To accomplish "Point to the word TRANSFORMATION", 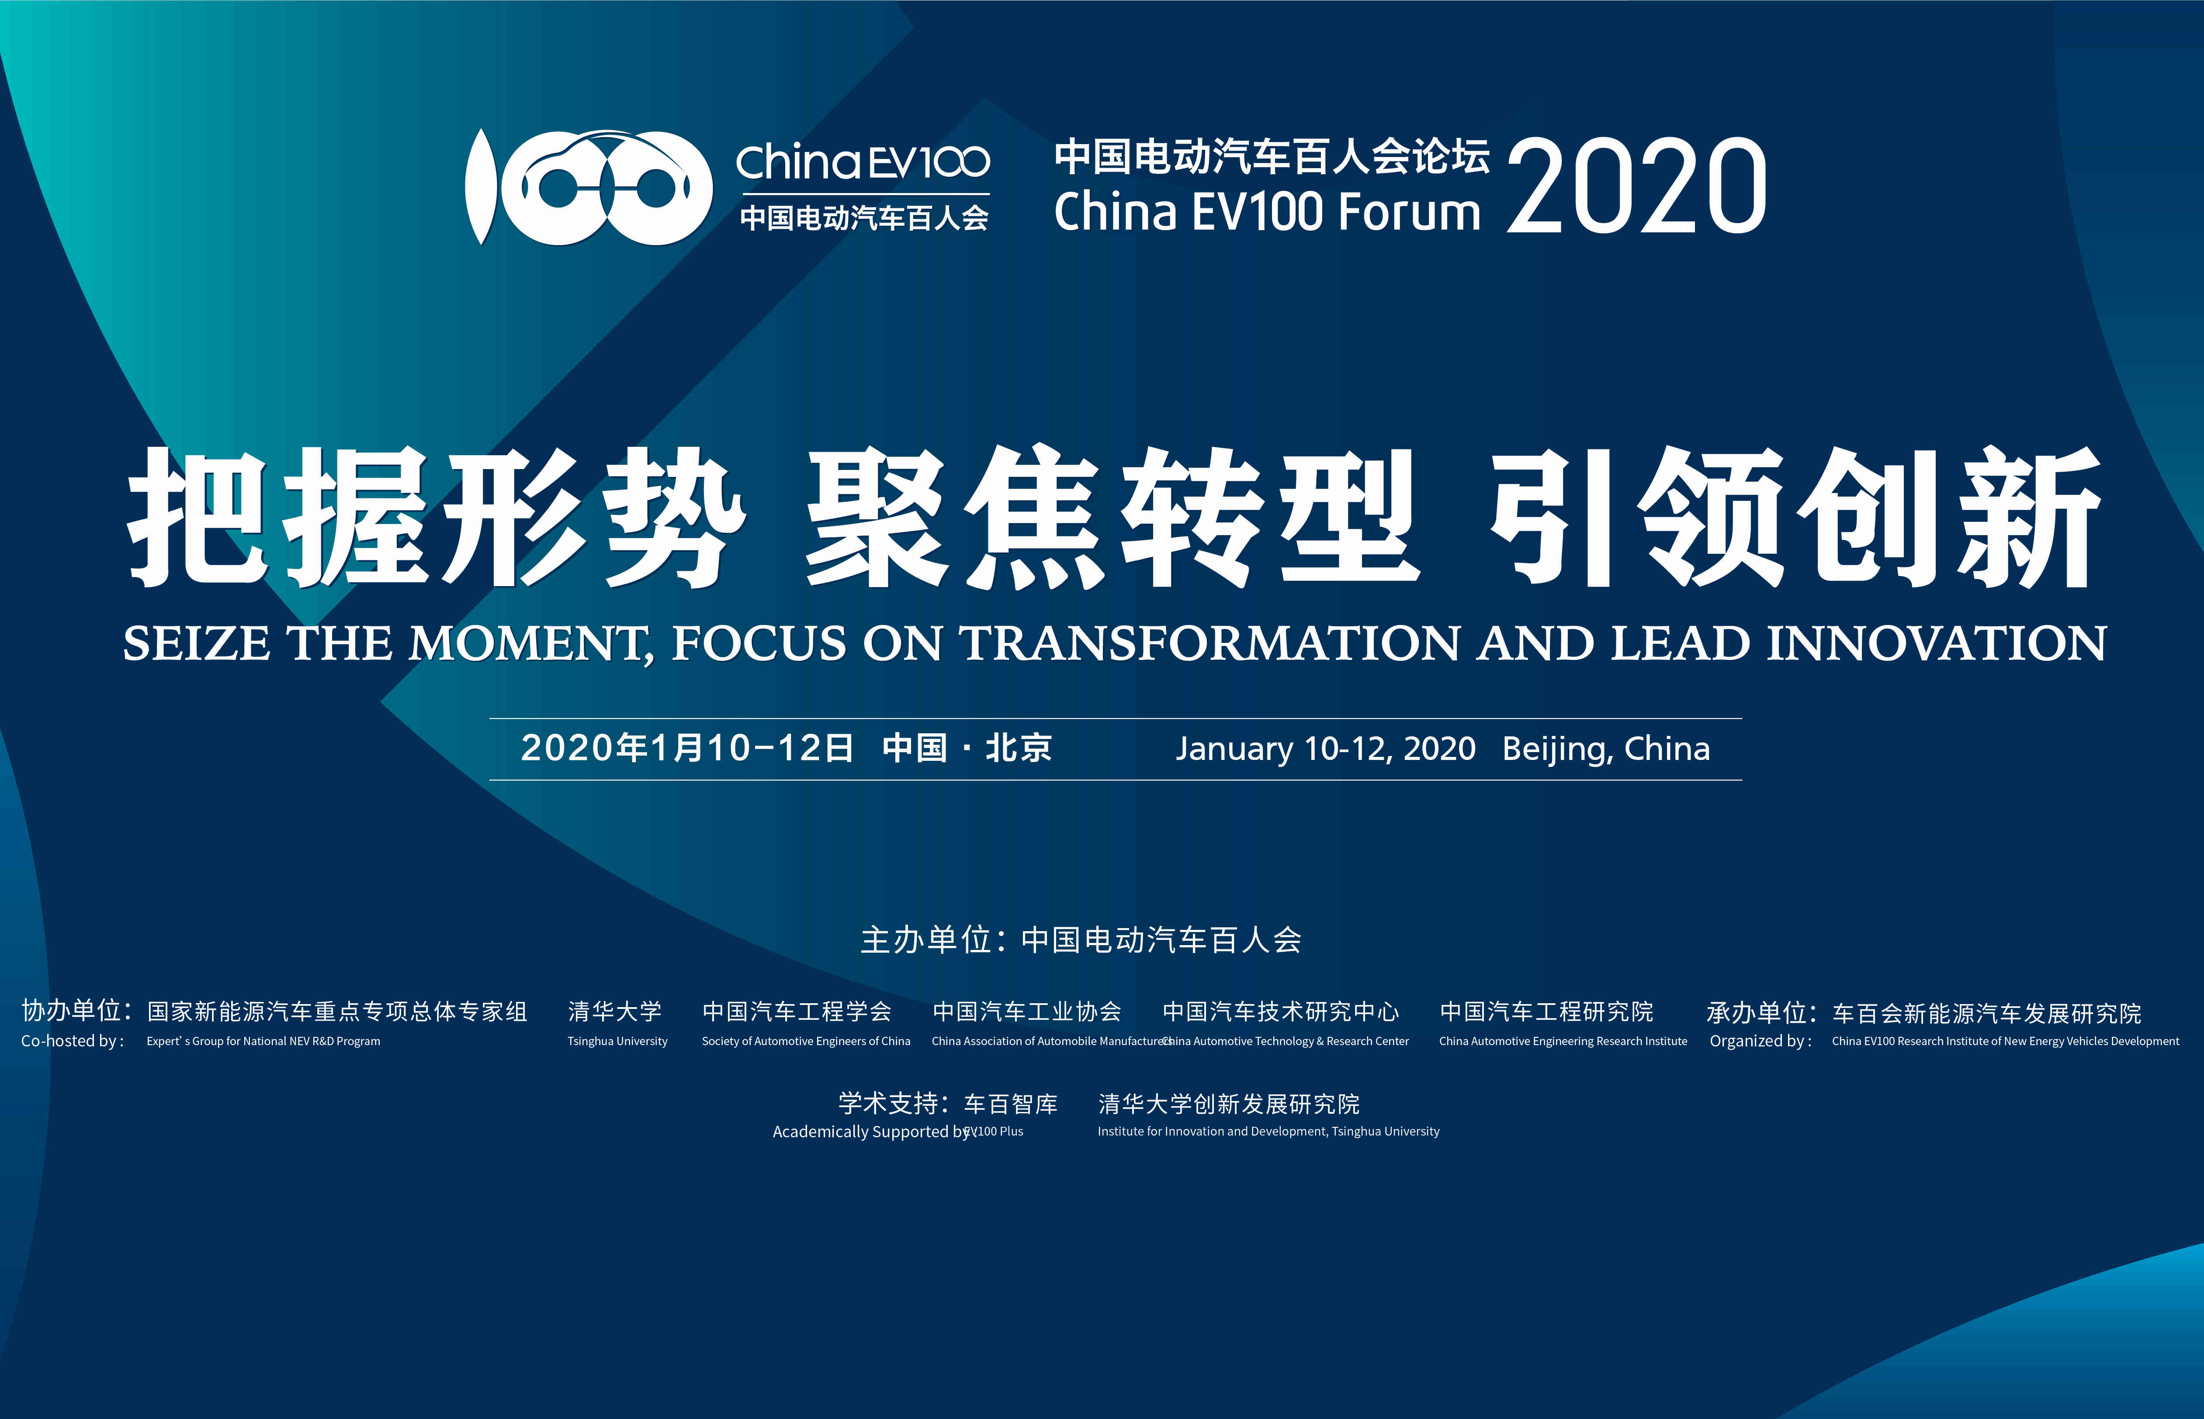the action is (1209, 643).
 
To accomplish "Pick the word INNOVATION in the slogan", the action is (1937, 643).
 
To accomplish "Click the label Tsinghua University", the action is (617, 1041).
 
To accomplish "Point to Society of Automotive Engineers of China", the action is (806, 1041).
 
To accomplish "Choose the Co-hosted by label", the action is (72, 1041).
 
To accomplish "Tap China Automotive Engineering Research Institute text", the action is (1563, 1041).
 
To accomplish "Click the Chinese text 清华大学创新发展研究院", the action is (1229, 1104).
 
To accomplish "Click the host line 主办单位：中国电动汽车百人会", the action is (1081, 940).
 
